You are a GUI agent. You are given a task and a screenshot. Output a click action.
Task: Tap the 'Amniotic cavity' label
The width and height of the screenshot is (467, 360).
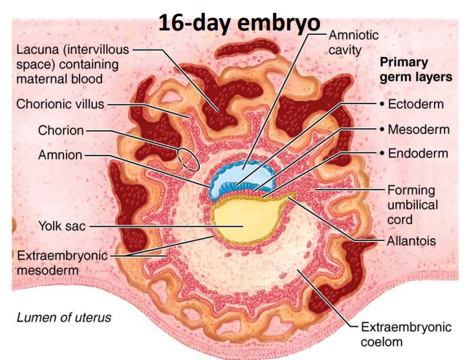[354, 42]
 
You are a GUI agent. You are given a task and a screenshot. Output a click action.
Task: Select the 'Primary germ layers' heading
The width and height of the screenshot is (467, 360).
[415, 70]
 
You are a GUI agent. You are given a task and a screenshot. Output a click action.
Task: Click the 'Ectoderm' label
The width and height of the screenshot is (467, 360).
[417, 104]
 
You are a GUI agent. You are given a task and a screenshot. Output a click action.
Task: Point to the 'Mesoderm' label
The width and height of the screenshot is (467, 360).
[418, 129]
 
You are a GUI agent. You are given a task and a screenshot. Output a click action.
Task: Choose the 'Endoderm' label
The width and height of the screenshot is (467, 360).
[418, 153]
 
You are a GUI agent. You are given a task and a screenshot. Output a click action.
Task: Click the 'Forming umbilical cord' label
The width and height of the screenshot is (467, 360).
[412, 205]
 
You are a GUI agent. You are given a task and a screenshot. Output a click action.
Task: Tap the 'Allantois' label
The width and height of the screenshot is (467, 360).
[411, 241]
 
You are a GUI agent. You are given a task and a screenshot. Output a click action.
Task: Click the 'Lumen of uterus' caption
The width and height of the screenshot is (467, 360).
[63, 317]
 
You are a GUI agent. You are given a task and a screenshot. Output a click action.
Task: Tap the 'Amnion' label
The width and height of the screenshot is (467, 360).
[61, 155]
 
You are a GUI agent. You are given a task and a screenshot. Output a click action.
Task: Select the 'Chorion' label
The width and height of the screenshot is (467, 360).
[61, 130]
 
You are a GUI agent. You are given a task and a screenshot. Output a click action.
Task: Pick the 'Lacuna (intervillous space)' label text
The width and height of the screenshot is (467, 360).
[73, 63]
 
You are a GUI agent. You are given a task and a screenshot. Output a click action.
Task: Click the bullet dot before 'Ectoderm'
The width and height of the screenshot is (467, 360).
[383, 104]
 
